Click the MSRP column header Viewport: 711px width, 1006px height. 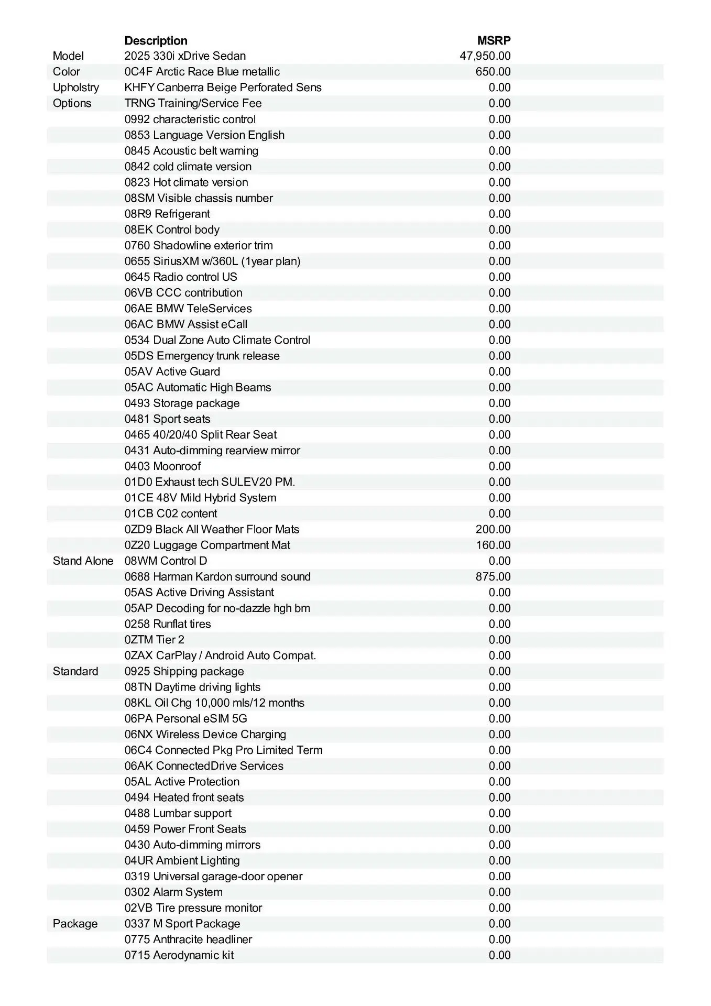pyautogui.click(x=494, y=40)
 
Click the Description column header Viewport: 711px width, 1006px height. pyautogui.click(x=156, y=40)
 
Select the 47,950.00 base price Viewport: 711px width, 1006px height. pyautogui.click(x=485, y=56)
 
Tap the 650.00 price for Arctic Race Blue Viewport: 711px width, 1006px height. pyautogui.click(x=493, y=72)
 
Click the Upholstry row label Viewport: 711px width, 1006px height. pyautogui.click(x=75, y=88)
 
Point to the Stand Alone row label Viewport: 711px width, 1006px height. pyautogui.click(x=83, y=561)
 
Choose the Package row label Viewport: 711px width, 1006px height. pyautogui.click(x=75, y=923)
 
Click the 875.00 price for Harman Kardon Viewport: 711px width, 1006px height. pyautogui.click(x=493, y=576)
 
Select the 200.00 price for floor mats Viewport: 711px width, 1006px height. pyautogui.click(x=493, y=529)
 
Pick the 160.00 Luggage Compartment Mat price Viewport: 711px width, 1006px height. pyautogui.click(x=493, y=545)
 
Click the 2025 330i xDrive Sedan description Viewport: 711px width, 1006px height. pyautogui.click(x=185, y=56)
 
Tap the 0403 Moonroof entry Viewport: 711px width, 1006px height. pyautogui.click(x=162, y=466)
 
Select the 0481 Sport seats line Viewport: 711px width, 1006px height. pyautogui.click(x=167, y=419)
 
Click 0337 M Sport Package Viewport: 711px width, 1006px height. pyautogui.click(x=182, y=923)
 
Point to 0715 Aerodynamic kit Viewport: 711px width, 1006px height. pyautogui.click(x=179, y=955)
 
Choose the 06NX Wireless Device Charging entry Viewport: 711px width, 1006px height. pyautogui.click(x=205, y=734)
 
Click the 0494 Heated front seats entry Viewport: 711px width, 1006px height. pyautogui.click(x=184, y=797)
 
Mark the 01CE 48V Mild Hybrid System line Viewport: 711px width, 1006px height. pyautogui.click(x=200, y=497)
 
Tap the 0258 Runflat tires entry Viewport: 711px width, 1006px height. pyautogui.click(x=168, y=624)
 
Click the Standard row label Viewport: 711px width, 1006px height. pyautogui.click(x=75, y=671)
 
